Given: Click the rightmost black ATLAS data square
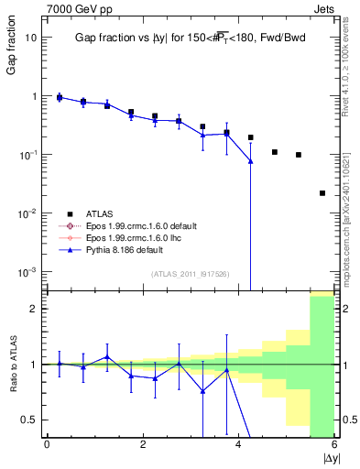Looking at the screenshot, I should pos(322,193).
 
